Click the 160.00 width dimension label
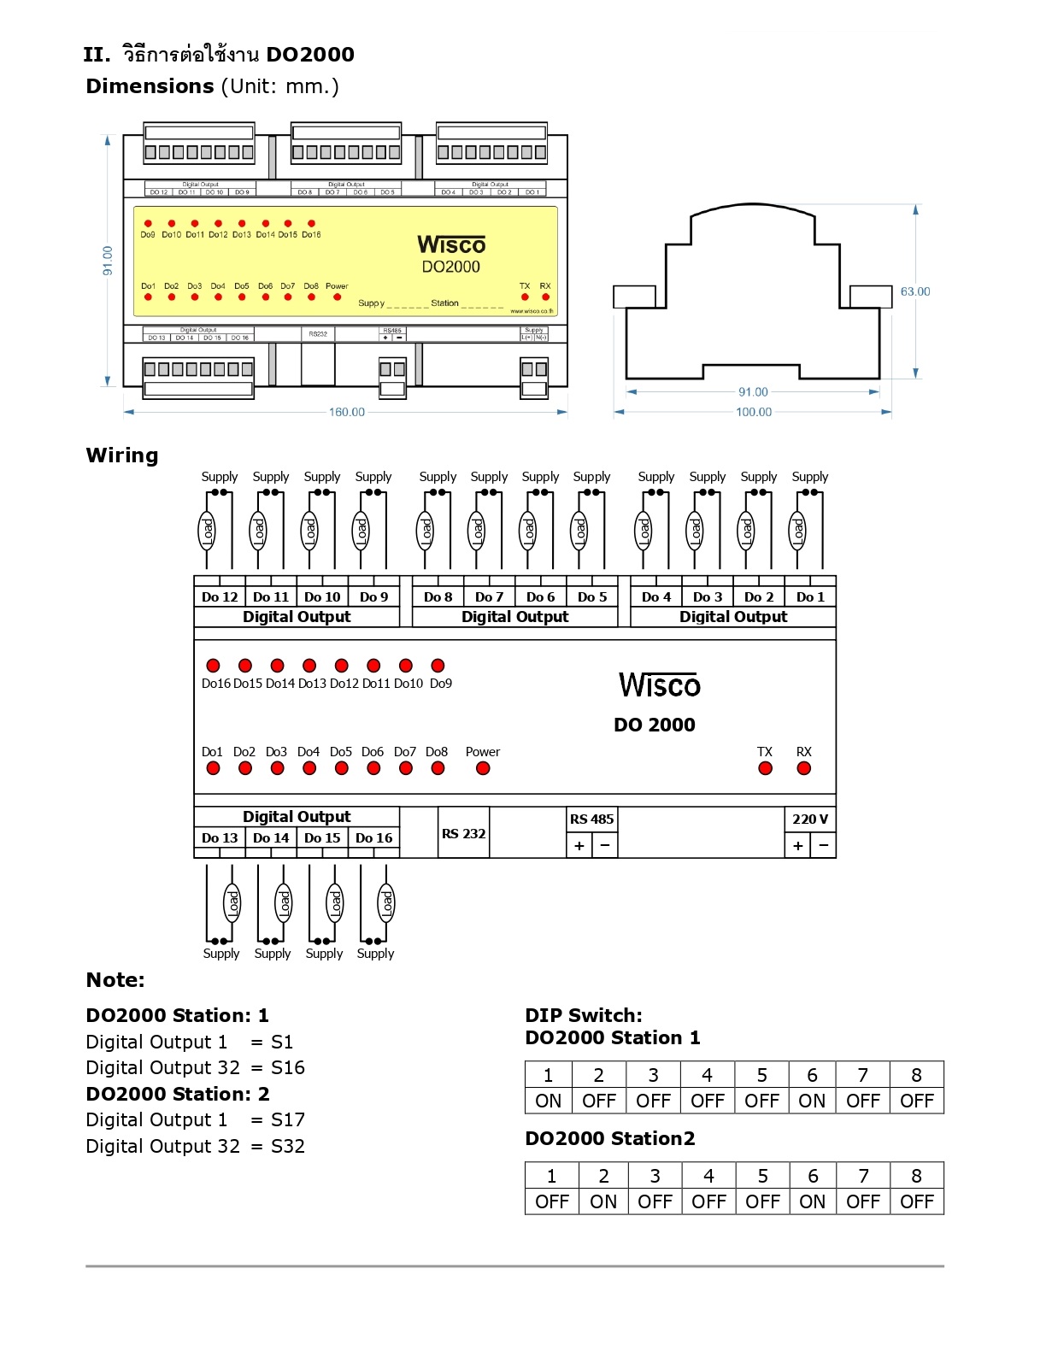pos(346,412)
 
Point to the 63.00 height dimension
pos(914,291)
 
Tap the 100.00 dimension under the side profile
pos(753,412)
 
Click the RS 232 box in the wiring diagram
pos(463,833)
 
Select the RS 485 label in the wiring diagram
pos(591,819)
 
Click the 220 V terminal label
pos(809,819)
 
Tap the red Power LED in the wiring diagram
pos(483,768)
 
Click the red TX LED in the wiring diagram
pos(765,768)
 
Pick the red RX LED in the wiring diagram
pos(803,768)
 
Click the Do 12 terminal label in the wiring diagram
pos(220,596)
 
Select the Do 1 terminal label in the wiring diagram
pos(810,596)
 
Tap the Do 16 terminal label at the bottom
pos(373,837)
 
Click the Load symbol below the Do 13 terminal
pos(232,902)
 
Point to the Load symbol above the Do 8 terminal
pos(425,531)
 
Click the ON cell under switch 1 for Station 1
pos(549,1101)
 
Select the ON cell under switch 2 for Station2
pos(603,1201)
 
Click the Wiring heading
pos(122,455)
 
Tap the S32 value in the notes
pos(288,1146)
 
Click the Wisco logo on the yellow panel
pos(451,244)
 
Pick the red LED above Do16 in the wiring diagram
pos(214,666)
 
